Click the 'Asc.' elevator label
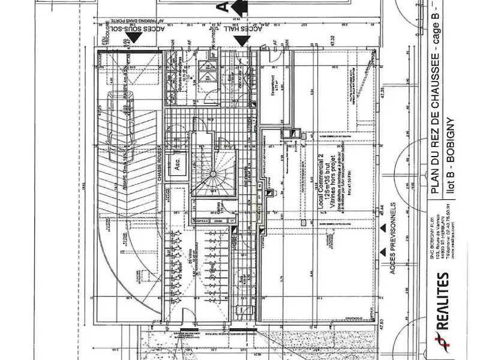[178, 168]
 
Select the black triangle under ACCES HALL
[241, 40]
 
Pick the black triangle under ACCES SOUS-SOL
[136, 38]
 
